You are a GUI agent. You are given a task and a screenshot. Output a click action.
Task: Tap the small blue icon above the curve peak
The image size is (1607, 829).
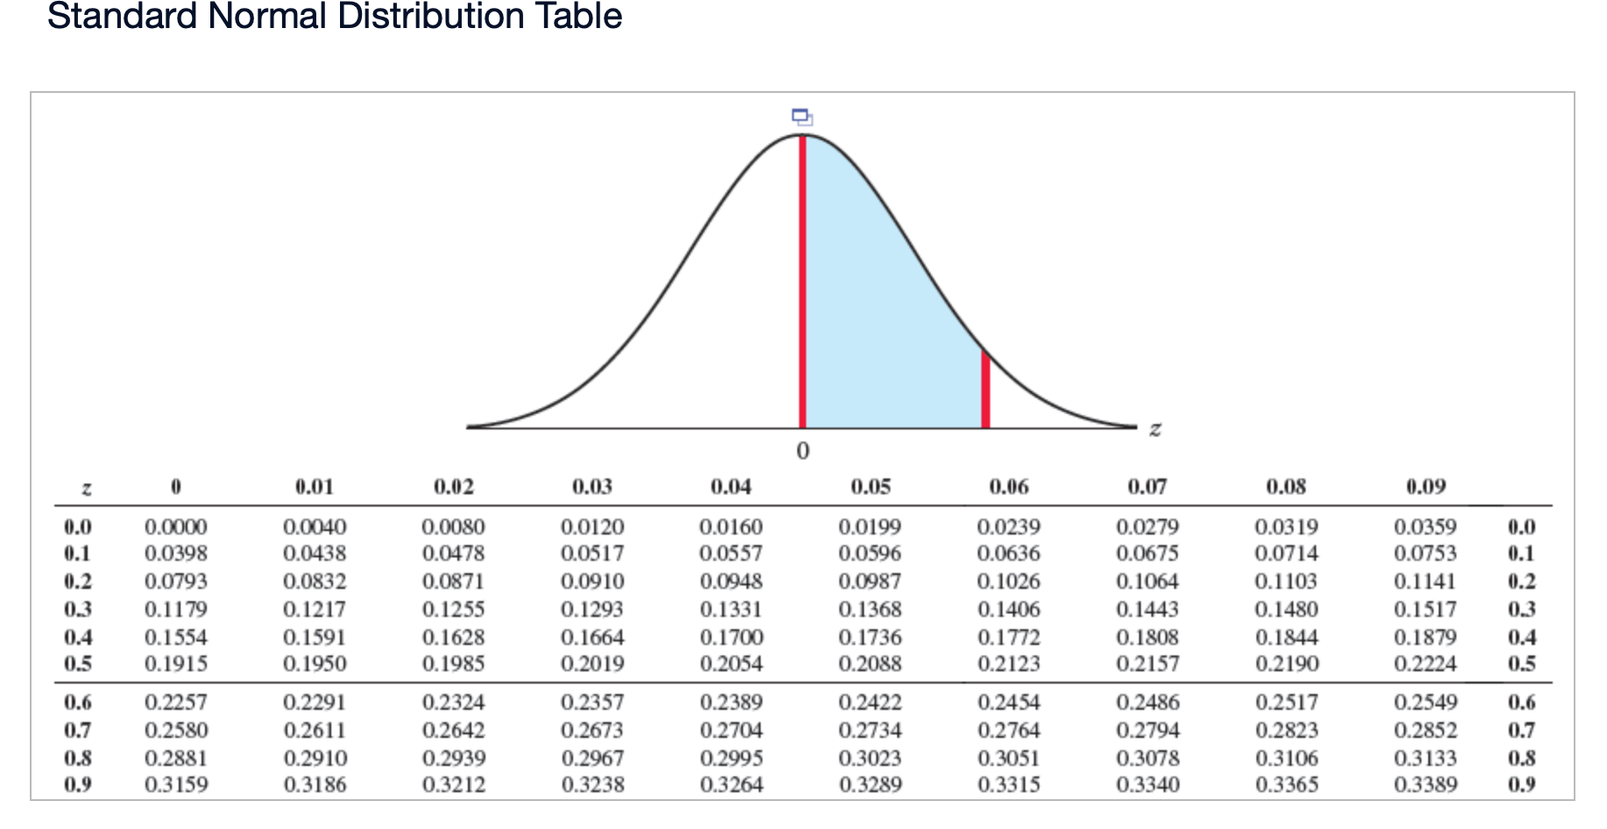pyautogui.click(x=802, y=117)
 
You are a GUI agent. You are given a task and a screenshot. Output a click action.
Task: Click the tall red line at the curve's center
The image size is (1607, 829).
pyautogui.click(x=802, y=280)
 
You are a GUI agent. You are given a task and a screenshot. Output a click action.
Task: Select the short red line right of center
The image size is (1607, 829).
pyautogui.click(x=986, y=390)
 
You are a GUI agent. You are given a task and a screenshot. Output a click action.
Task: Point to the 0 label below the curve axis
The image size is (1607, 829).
pyautogui.click(x=803, y=450)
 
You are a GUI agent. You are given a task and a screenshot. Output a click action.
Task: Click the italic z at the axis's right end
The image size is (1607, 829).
pyautogui.click(x=1155, y=429)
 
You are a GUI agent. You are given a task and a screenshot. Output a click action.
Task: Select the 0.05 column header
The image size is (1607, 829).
pyautogui.click(x=870, y=486)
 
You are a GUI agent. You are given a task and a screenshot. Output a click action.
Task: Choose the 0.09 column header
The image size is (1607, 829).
pyautogui.click(x=1426, y=486)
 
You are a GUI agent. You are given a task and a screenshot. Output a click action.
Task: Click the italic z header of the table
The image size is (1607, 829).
pyautogui.click(x=86, y=488)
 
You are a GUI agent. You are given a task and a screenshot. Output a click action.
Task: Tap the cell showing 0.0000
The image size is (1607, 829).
pyautogui.click(x=176, y=527)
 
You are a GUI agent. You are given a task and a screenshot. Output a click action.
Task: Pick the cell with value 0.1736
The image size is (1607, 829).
pyautogui.click(x=870, y=637)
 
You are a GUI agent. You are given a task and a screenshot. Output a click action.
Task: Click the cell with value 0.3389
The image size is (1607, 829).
pyautogui.click(x=1426, y=784)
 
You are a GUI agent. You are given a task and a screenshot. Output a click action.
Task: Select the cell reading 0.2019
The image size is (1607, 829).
pyautogui.click(x=592, y=664)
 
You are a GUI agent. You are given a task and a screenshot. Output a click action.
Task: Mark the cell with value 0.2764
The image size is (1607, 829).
pyautogui.click(x=1009, y=730)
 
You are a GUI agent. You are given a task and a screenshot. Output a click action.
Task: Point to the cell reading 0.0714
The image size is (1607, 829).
pyautogui.click(x=1286, y=554)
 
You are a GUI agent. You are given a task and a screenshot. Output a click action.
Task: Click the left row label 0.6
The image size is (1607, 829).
pyautogui.click(x=78, y=702)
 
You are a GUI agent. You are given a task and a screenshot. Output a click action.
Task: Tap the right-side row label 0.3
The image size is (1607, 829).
pyautogui.click(x=1521, y=609)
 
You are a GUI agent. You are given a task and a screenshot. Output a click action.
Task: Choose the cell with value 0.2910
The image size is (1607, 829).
pyautogui.click(x=315, y=758)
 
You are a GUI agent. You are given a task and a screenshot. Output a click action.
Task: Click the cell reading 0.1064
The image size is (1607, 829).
pyautogui.click(x=1148, y=581)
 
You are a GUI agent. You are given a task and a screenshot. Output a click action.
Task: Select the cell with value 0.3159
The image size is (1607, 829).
pyautogui.click(x=176, y=784)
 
